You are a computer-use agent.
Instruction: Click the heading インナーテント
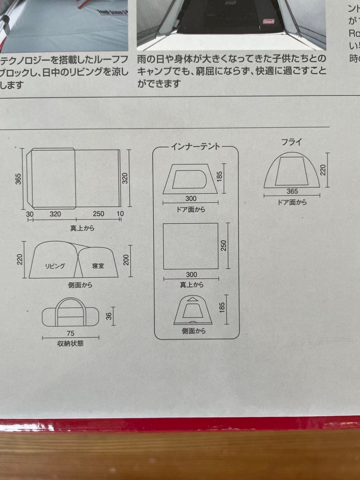(196, 147)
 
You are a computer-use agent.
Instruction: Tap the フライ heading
(292, 143)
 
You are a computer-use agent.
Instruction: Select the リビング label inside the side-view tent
(55, 266)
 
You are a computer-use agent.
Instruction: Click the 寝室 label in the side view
(98, 266)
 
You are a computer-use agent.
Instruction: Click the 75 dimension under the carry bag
(70, 333)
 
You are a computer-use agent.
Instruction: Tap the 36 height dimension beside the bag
(108, 316)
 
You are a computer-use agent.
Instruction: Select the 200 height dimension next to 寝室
(126, 260)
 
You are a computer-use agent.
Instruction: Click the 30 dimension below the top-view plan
(30, 214)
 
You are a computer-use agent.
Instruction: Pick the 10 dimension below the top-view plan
(120, 214)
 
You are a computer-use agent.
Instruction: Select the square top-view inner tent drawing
(191, 246)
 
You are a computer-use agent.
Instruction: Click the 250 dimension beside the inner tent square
(224, 246)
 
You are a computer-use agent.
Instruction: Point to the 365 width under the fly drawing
(292, 192)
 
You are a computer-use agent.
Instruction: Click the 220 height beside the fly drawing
(323, 169)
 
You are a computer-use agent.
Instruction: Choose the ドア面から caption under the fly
(292, 202)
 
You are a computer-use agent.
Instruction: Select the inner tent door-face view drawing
(190, 179)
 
